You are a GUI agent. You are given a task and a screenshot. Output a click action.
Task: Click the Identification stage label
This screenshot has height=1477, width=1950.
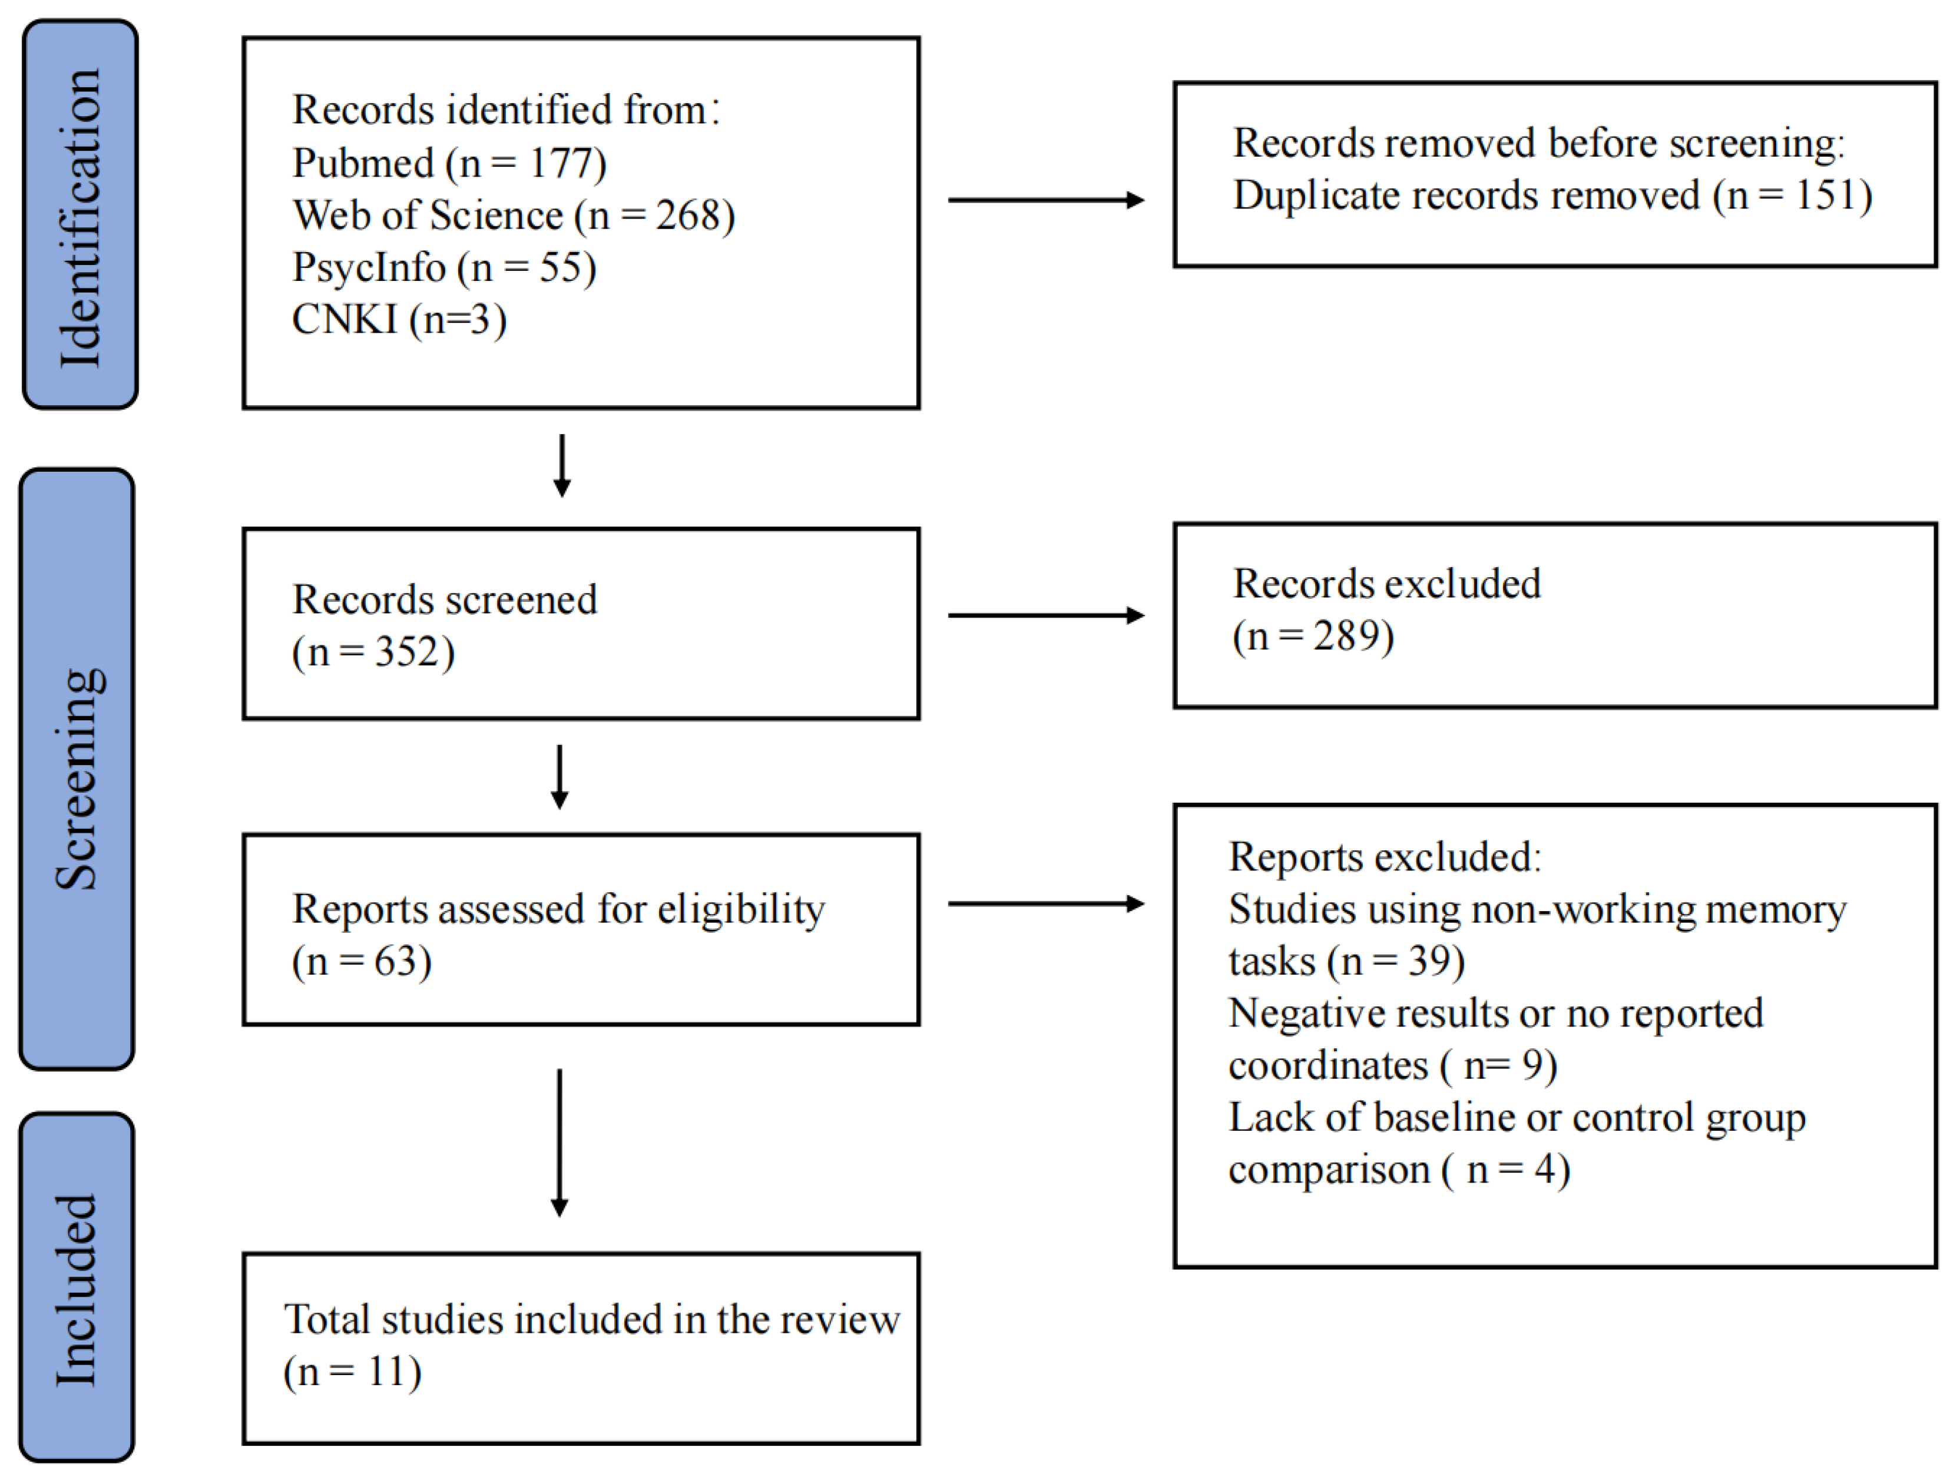click(80, 216)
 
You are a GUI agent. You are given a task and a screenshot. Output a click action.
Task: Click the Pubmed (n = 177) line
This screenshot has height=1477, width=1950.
click(449, 163)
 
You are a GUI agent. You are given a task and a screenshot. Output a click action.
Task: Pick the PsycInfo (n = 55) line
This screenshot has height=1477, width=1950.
click(444, 267)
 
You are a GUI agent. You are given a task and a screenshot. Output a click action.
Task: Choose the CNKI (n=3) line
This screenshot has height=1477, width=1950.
click(399, 320)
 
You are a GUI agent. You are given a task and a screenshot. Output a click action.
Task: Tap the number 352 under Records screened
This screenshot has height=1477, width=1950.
click(408, 652)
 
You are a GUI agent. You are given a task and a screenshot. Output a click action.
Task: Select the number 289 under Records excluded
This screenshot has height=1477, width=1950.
click(1346, 636)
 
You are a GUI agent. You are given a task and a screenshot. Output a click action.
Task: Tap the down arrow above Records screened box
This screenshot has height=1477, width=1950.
click(561, 465)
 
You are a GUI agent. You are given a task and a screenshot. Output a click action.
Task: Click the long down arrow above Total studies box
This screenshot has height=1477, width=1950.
click(559, 1143)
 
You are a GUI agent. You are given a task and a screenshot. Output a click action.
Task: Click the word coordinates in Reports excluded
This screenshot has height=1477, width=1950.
click(1327, 1065)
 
